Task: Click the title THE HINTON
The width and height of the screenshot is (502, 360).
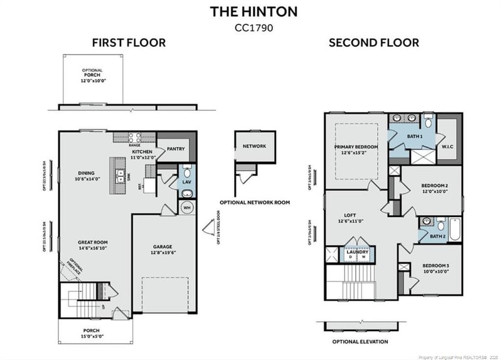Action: [254, 11]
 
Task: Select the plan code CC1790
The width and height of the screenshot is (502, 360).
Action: [254, 27]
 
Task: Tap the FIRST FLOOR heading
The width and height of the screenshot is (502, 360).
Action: [129, 43]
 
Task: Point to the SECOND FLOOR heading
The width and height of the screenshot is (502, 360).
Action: [374, 43]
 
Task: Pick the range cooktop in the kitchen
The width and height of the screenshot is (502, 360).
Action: [134, 137]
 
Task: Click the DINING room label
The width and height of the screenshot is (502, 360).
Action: [86, 174]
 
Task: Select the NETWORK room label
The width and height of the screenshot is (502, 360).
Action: [254, 146]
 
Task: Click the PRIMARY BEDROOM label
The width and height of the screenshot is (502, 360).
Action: [356, 147]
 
